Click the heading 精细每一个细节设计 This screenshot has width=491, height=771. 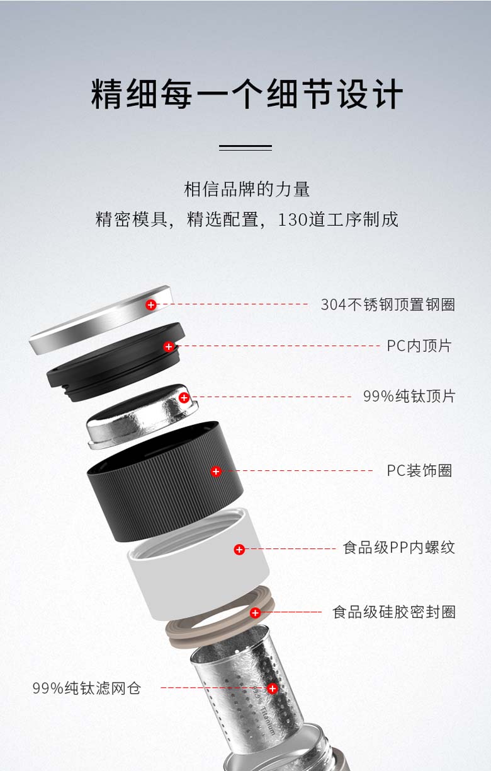click(247, 94)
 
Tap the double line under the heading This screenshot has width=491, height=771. click(245, 148)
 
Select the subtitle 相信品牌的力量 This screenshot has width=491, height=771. click(247, 189)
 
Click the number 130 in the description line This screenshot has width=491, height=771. click(293, 219)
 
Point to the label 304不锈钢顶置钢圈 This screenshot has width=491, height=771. click(388, 304)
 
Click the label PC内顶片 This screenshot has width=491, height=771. click(419, 346)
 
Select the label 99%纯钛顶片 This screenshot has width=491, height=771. click(409, 396)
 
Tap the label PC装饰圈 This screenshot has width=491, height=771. click(419, 470)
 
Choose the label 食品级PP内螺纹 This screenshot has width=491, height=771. click(399, 548)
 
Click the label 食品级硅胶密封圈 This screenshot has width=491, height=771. click(394, 612)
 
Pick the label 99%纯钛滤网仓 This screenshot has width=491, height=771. click(87, 688)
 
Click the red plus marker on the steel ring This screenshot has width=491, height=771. click(151, 304)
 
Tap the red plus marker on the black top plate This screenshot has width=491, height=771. click(168, 347)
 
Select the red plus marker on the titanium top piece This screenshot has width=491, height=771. click(184, 398)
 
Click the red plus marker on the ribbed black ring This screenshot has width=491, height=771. click(216, 471)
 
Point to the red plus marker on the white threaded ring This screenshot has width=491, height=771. click(239, 550)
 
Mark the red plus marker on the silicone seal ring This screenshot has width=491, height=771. click(255, 613)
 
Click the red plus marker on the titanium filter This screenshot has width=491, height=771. click(273, 688)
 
